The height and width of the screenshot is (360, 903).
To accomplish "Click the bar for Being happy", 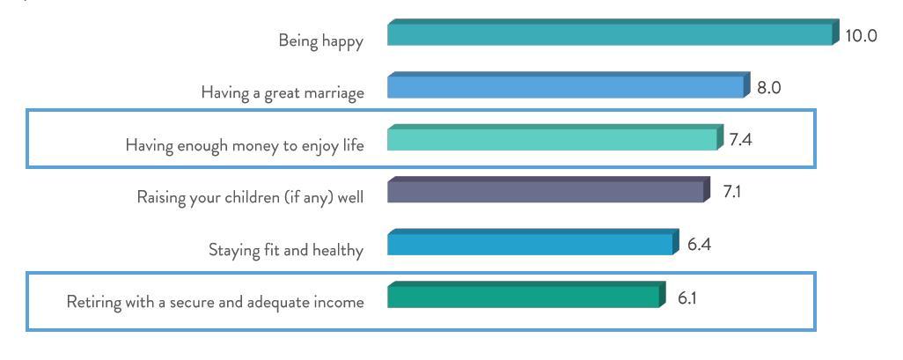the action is (613, 33).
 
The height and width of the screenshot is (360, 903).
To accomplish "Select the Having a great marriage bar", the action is (569, 85).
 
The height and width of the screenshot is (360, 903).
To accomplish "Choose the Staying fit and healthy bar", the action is (532, 242).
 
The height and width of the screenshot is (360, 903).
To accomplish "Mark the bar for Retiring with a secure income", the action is (526, 295).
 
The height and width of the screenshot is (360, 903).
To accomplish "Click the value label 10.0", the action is (861, 36).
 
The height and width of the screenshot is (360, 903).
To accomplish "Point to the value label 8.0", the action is (768, 89).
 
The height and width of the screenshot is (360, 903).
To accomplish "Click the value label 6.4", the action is (699, 244).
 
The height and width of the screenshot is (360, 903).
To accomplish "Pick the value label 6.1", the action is (687, 298).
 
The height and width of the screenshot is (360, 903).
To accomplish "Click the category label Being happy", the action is (320, 41).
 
